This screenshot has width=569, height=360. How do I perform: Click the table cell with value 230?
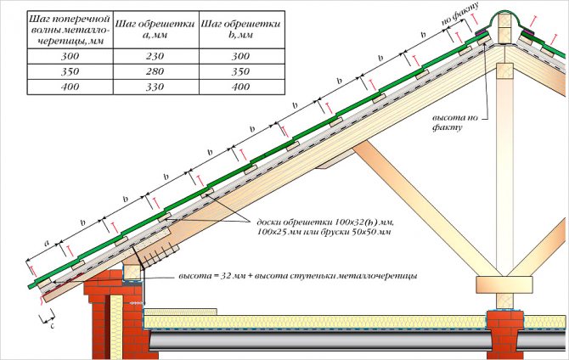pyautogui.click(x=156, y=56)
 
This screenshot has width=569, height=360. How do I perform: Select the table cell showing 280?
pyautogui.click(x=156, y=71)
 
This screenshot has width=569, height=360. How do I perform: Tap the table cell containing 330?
pyautogui.click(x=156, y=87)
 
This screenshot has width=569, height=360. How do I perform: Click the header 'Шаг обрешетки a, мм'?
pyautogui.click(x=156, y=30)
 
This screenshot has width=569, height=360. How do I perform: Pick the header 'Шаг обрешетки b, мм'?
pyautogui.click(x=242, y=30)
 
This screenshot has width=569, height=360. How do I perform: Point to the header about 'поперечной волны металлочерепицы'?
pyautogui.click(x=70, y=30)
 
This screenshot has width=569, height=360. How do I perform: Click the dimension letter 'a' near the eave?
pyautogui.click(x=47, y=244)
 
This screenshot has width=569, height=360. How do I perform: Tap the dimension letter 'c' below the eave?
pyautogui.click(x=53, y=325)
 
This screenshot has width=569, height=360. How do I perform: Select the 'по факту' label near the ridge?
pyautogui.click(x=459, y=14)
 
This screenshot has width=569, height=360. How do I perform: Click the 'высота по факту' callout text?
pyautogui.click(x=454, y=122)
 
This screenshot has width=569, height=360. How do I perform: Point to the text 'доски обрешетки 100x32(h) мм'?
pyautogui.click(x=325, y=222)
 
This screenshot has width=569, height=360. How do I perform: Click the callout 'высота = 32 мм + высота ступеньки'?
pyautogui.click(x=297, y=276)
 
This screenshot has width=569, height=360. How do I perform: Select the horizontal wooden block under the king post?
pyautogui.click(x=504, y=284)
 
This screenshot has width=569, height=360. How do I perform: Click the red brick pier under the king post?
pyautogui.click(x=504, y=333)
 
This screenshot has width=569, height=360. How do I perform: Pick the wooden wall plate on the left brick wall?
pyautogui.click(x=132, y=273)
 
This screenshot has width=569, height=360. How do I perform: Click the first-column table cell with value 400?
pyautogui.click(x=70, y=87)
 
